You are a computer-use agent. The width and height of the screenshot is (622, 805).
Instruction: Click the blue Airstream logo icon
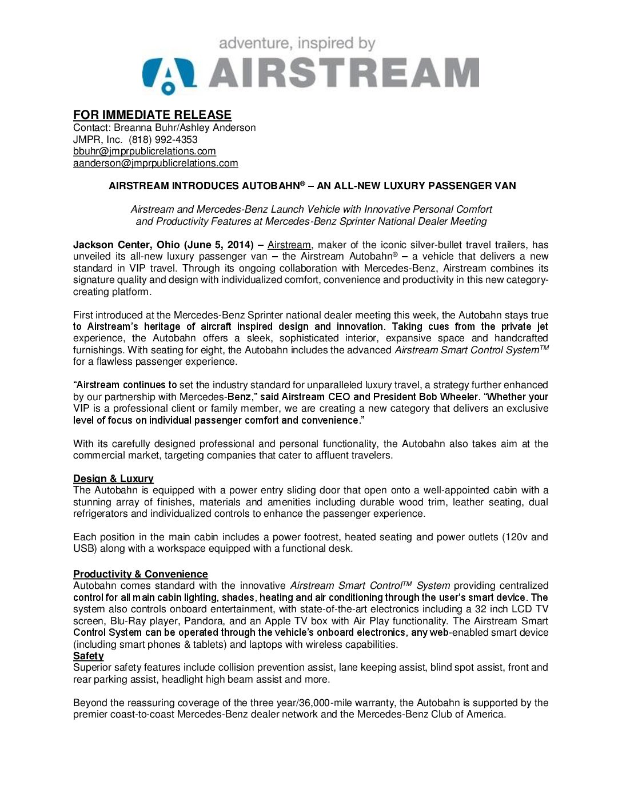[x=169, y=74]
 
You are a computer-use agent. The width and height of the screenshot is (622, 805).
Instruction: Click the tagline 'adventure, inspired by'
[x=297, y=43]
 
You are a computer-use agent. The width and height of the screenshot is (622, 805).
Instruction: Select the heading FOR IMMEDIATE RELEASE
[x=152, y=115]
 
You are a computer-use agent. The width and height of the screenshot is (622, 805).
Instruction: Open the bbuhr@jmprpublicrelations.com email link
[x=144, y=152]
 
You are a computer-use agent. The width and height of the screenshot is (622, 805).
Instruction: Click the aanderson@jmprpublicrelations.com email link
[x=155, y=164]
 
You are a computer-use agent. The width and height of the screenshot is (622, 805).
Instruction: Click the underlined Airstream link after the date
[x=289, y=245]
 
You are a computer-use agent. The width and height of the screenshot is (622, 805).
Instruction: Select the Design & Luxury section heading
[x=113, y=479]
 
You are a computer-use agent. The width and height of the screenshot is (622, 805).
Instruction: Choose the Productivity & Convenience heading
[x=140, y=574]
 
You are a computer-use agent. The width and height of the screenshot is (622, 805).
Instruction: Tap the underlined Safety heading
[x=88, y=656]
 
